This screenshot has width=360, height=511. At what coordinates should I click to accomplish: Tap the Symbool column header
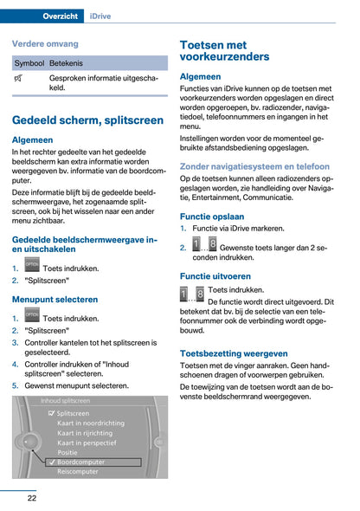point(29,63)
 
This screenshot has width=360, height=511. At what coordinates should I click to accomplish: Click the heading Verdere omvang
point(45,43)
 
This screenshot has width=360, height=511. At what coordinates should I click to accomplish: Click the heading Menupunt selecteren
point(55,299)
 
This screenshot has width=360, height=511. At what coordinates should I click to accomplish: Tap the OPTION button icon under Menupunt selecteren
point(32,316)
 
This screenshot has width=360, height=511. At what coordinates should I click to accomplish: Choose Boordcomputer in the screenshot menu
point(80,462)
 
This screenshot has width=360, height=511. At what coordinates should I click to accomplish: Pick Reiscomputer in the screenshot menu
point(79,472)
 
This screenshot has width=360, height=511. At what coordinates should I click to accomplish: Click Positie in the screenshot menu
point(67,452)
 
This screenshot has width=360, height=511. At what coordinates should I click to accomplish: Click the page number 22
point(31,497)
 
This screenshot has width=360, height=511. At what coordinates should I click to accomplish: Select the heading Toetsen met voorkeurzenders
point(224,50)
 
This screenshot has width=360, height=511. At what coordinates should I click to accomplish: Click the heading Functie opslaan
point(211,217)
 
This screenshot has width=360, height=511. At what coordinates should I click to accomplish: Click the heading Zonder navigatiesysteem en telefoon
point(254,166)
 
